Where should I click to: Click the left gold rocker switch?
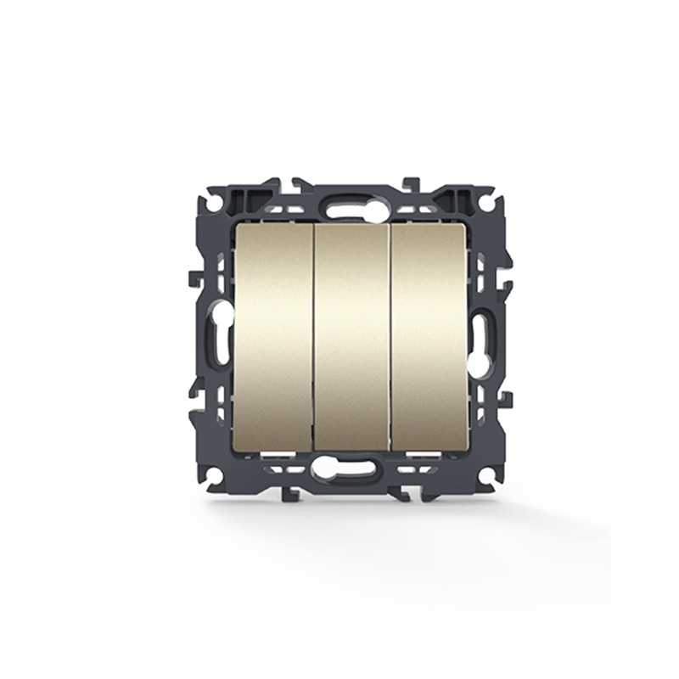tap(274, 337)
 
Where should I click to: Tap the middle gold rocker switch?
tap(351, 337)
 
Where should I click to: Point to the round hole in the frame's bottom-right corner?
tap(486, 474)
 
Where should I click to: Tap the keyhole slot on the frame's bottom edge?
tap(351, 469)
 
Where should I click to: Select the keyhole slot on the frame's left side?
tap(221, 338)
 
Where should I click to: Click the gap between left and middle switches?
tap(313, 337)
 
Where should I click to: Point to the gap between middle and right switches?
tap(390, 337)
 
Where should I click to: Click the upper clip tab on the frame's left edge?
tap(194, 277)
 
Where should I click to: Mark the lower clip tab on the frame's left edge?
tap(195, 398)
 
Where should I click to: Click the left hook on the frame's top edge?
tap(299, 183)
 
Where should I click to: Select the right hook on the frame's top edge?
tap(411, 183)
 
